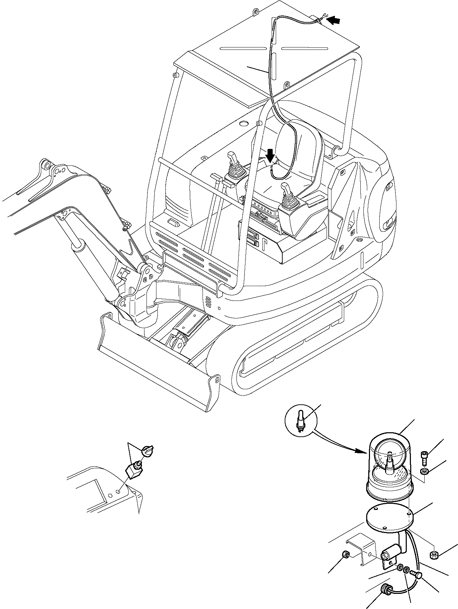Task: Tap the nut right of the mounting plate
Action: point(434,554)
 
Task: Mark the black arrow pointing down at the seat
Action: point(271,155)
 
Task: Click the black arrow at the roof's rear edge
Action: point(333,21)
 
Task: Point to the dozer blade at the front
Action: point(158,361)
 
